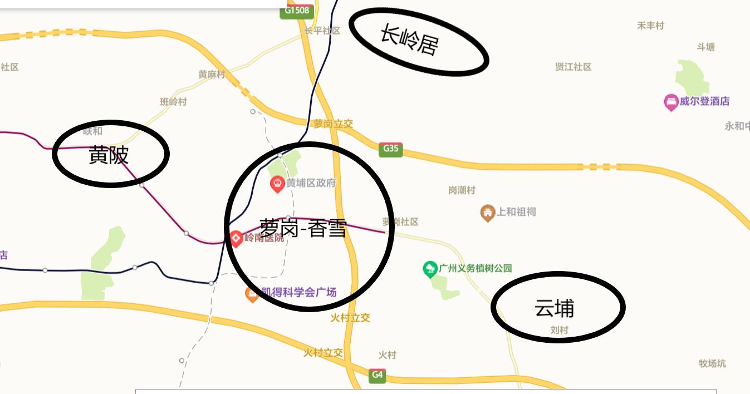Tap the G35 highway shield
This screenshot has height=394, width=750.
(391, 149)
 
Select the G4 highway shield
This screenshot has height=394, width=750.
(377, 375)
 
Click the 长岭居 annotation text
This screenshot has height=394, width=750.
(409, 40)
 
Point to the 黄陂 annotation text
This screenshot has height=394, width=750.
(109, 155)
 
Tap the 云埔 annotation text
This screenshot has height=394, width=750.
(554, 308)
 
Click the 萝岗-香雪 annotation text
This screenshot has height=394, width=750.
(303, 228)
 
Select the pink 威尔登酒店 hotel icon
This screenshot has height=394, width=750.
(670, 102)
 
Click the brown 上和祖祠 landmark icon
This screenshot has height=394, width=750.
(488, 213)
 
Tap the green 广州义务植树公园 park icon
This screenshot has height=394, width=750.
(429, 269)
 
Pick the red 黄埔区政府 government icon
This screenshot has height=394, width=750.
(277, 184)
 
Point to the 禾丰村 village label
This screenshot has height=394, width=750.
(650, 26)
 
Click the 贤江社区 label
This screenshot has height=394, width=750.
(573, 67)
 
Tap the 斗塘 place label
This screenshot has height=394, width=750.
(705, 47)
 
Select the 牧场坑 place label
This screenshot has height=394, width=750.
(712, 364)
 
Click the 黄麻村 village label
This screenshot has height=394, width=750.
(212, 75)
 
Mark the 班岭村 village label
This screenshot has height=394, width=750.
(173, 102)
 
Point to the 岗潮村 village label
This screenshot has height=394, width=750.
(462, 190)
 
